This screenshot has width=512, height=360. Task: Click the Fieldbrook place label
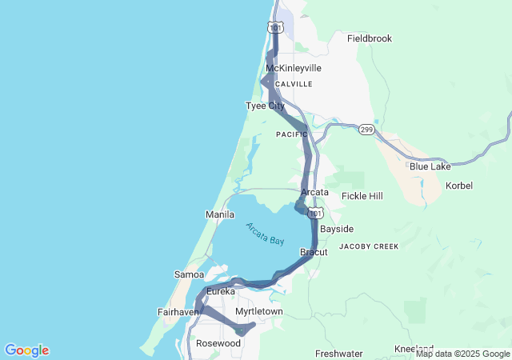(x=370, y=38)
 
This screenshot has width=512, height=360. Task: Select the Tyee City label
(x=265, y=106)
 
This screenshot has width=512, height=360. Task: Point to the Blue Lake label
(x=430, y=166)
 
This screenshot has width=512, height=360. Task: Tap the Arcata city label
(x=314, y=192)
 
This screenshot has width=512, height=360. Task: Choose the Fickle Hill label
(x=362, y=195)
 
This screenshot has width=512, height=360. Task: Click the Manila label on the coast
(x=220, y=214)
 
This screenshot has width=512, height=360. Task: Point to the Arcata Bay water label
(x=265, y=234)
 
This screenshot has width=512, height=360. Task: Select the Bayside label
(x=336, y=229)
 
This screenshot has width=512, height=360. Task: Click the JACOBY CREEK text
(x=368, y=246)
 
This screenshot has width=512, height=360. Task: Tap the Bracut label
(x=314, y=252)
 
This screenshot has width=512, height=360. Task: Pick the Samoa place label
(x=189, y=274)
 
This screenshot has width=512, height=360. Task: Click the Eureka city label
(x=221, y=291)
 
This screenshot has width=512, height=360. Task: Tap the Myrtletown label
(x=259, y=311)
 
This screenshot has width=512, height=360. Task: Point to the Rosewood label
(x=218, y=343)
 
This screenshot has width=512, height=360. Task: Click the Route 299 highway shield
(x=366, y=129)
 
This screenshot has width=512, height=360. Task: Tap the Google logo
(x=26, y=350)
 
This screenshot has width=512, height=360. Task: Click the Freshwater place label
(x=338, y=353)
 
